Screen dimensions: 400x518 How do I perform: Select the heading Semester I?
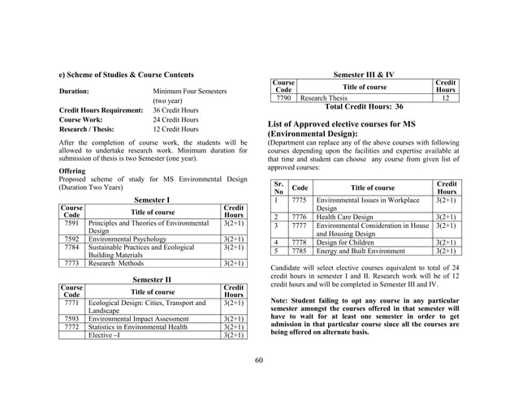151,199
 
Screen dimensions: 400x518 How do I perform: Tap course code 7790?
283,97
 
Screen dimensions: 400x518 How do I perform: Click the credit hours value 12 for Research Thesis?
444,97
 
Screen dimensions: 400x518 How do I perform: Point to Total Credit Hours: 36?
364,106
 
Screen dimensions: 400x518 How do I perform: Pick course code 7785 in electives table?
299,251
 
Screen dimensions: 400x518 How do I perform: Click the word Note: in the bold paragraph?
281,301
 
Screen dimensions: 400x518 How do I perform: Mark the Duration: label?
78,92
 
